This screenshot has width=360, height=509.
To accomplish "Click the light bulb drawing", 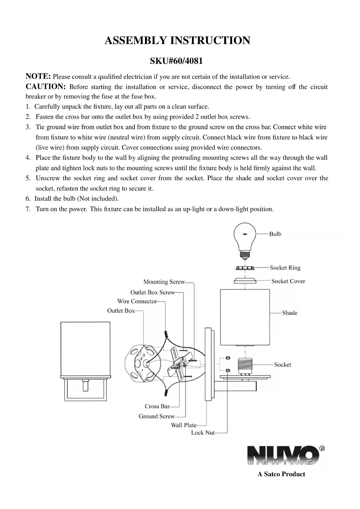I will pos(245,240).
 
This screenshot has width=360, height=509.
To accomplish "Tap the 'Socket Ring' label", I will pos(285,268).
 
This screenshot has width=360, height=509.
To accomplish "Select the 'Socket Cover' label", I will pos(288,281).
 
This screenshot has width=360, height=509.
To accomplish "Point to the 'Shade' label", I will pos(290,313).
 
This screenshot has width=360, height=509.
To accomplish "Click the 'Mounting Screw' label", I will pos(164,282).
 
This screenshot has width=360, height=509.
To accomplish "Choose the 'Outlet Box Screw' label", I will pos(152,292).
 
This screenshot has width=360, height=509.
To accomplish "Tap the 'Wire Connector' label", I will pos(137,301).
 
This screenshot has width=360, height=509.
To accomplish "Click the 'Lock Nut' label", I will pos(203,433).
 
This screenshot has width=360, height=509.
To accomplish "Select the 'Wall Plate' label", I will pos(183,425).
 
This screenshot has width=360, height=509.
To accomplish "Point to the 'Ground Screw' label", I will pos(157,416).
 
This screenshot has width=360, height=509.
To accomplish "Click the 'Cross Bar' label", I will pos(157,406).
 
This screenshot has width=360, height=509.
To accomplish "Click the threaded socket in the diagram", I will pos(245,366).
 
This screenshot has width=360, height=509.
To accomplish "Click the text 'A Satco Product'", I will pos(281,474).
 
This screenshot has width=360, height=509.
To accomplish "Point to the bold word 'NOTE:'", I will pos(38,76).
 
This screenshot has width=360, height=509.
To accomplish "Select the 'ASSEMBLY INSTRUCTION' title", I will pos(177,40).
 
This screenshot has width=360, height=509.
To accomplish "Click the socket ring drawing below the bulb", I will pos(245,267).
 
